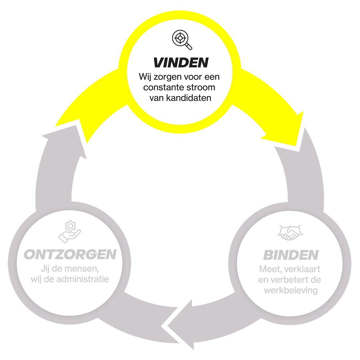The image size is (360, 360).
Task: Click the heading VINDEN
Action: [181, 63]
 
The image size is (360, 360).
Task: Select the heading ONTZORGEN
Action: [70, 255]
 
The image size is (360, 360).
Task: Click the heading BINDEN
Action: [291, 255]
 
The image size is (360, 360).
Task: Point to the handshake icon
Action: [289, 232]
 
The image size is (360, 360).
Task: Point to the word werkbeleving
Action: [291, 290]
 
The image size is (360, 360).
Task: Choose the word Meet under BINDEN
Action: [269, 269]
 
